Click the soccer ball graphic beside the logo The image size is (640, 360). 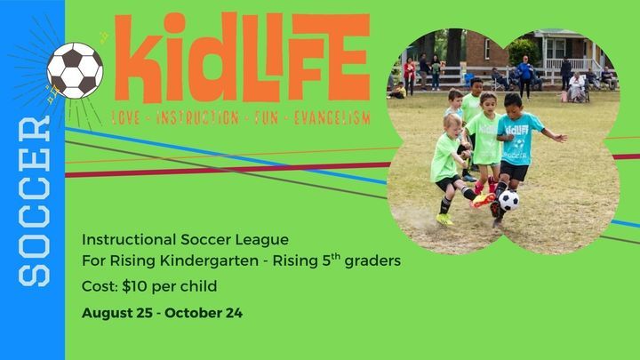pyautogui.click(x=75, y=70)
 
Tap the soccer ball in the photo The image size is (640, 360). pyautogui.click(x=508, y=200)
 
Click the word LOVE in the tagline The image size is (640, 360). pyautogui.click(x=126, y=118)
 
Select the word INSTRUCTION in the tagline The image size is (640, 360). pyautogui.click(x=197, y=118)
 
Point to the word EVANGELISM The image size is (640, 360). pyautogui.click(x=332, y=118)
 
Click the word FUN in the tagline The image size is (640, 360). pyautogui.click(x=266, y=118)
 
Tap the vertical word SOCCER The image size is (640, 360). pyautogui.click(x=35, y=201)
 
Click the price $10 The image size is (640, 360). pyautogui.click(x=134, y=286)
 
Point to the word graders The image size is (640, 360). pyautogui.click(x=372, y=260)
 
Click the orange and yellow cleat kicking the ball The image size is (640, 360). pyautogui.click(x=483, y=200)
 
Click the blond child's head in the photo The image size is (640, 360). pyautogui.click(x=452, y=124)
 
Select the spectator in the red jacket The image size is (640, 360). pyautogui.click(x=409, y=76)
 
